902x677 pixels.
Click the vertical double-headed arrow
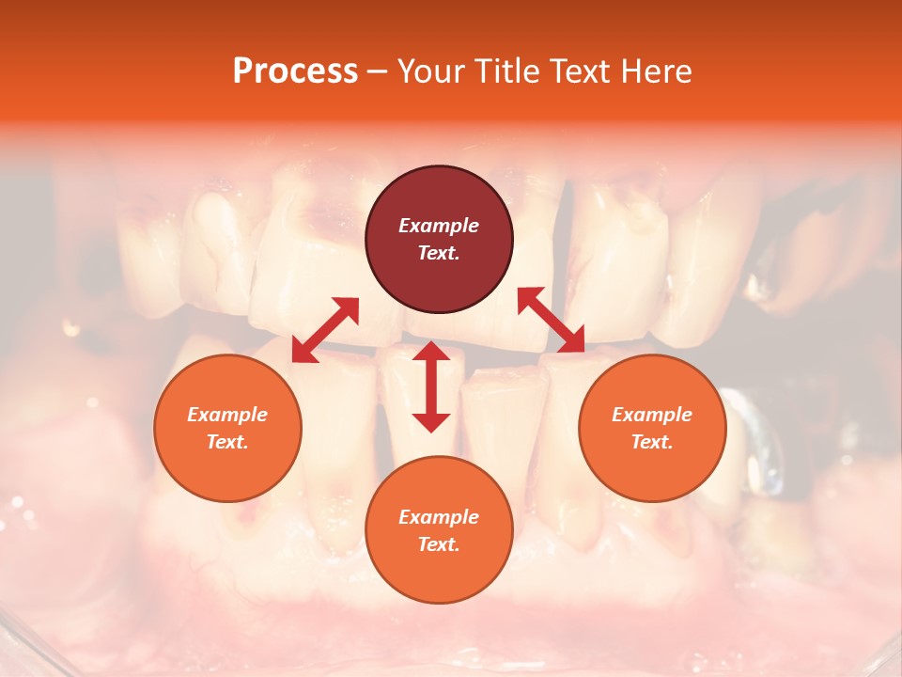pos(431,386)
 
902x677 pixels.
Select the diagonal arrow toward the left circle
pos(325,330)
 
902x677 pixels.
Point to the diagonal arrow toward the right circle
pos(551,320)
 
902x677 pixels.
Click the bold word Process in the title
pos(295,71)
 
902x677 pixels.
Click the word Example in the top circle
pos(439,226)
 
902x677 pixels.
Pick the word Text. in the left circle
pos(227,442)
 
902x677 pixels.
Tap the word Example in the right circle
pos(652,415)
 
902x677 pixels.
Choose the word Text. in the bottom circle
pos(439,544)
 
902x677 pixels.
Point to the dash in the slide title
pos(378,71)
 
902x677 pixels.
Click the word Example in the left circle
pos(227,415)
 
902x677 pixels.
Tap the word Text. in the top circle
pos(439,253)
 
